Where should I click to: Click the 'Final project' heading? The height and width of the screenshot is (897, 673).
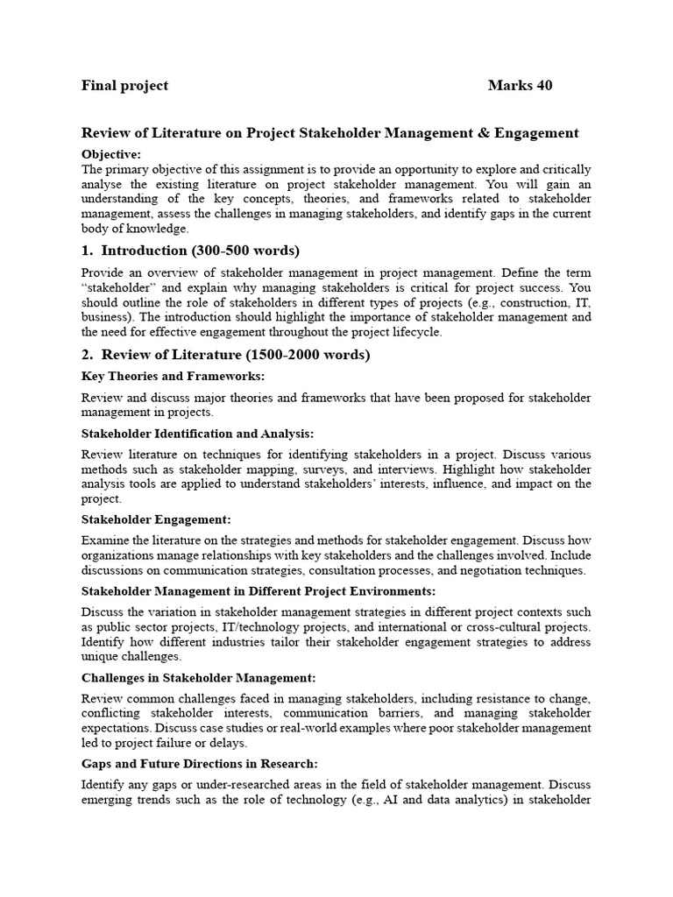click(x=124, y=86)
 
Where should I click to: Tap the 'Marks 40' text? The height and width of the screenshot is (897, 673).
click(x=520, y=86)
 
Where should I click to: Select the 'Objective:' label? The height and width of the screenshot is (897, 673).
click(x=111, y=152)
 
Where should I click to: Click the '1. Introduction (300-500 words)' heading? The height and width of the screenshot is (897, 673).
click(x=190, y=251)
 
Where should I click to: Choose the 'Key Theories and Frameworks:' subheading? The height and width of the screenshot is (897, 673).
click(x=173, y=376)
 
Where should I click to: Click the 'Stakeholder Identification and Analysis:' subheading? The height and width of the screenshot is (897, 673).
click(x=197, y=434)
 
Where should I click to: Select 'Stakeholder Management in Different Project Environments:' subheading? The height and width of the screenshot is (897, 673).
click(x=258, y=591)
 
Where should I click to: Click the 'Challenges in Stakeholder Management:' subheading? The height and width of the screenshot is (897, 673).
click(x=199, y=678)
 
